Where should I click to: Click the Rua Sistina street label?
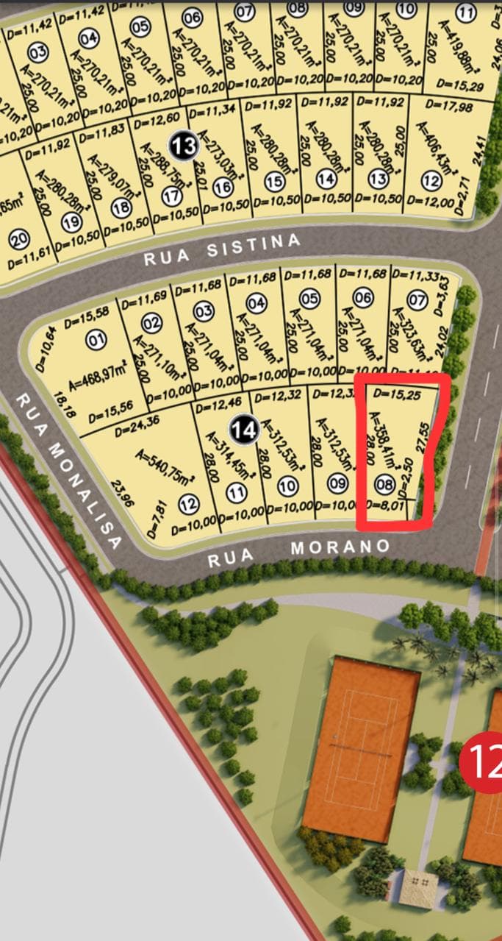coord(222,249)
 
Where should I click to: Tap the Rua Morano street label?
coord(298,553)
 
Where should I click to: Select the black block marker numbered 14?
coord(244,428)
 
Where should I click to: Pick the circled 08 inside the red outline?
coord(384,484)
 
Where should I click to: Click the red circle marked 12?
coord(482,762)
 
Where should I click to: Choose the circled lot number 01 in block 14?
coord(96,341)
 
